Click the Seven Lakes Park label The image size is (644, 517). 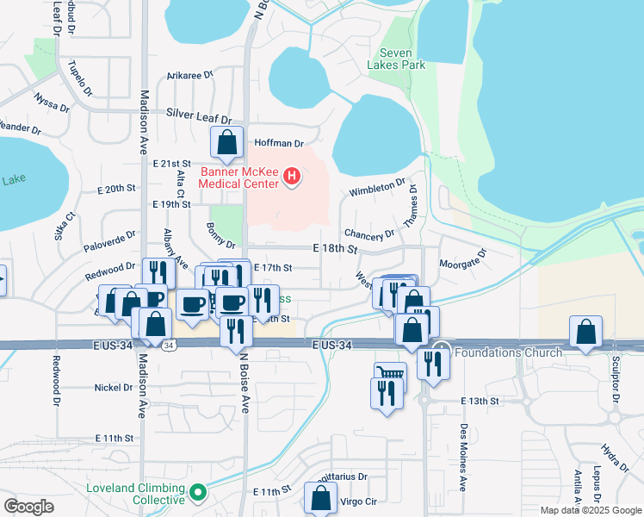pyautogui.click(x=395, y=59)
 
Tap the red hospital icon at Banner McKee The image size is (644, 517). pyautogui.click(x=293, y=178)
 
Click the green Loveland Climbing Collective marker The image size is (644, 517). pyautogui.click(x=199, y=493)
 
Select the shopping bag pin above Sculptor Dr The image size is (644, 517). pyautogui.click(x=585, y=332)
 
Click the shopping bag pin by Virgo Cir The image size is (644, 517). pyautogui.click(x=321, y=497)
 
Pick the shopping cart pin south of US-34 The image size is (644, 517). pyautogui.click(x=389, y=375)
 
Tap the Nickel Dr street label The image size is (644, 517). pyautogui.click(x=114, y=388)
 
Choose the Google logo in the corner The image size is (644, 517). pyautogui.click(x=28, y=506)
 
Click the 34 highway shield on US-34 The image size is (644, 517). pyautogui.click(x=170, y=346)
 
